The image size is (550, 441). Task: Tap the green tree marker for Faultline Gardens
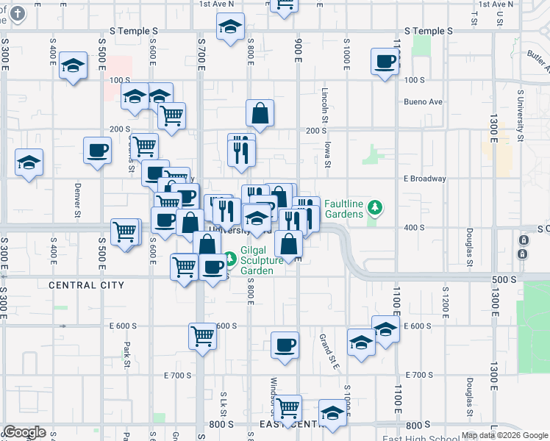tap(376, 208)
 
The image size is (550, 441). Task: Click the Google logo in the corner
tap(24, 432)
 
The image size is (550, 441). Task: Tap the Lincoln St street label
tap(324, 103)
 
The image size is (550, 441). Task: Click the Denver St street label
tap(77, 203)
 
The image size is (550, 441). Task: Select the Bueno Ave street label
tap(424, 101)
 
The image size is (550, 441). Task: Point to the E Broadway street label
tap(425, 179)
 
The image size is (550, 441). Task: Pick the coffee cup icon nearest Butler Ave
tap(385, 61)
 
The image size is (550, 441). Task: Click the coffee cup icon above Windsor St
tap(285, 344)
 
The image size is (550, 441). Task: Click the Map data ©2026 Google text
tap(504, 435)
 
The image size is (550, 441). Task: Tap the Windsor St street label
tap(273, 397)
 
